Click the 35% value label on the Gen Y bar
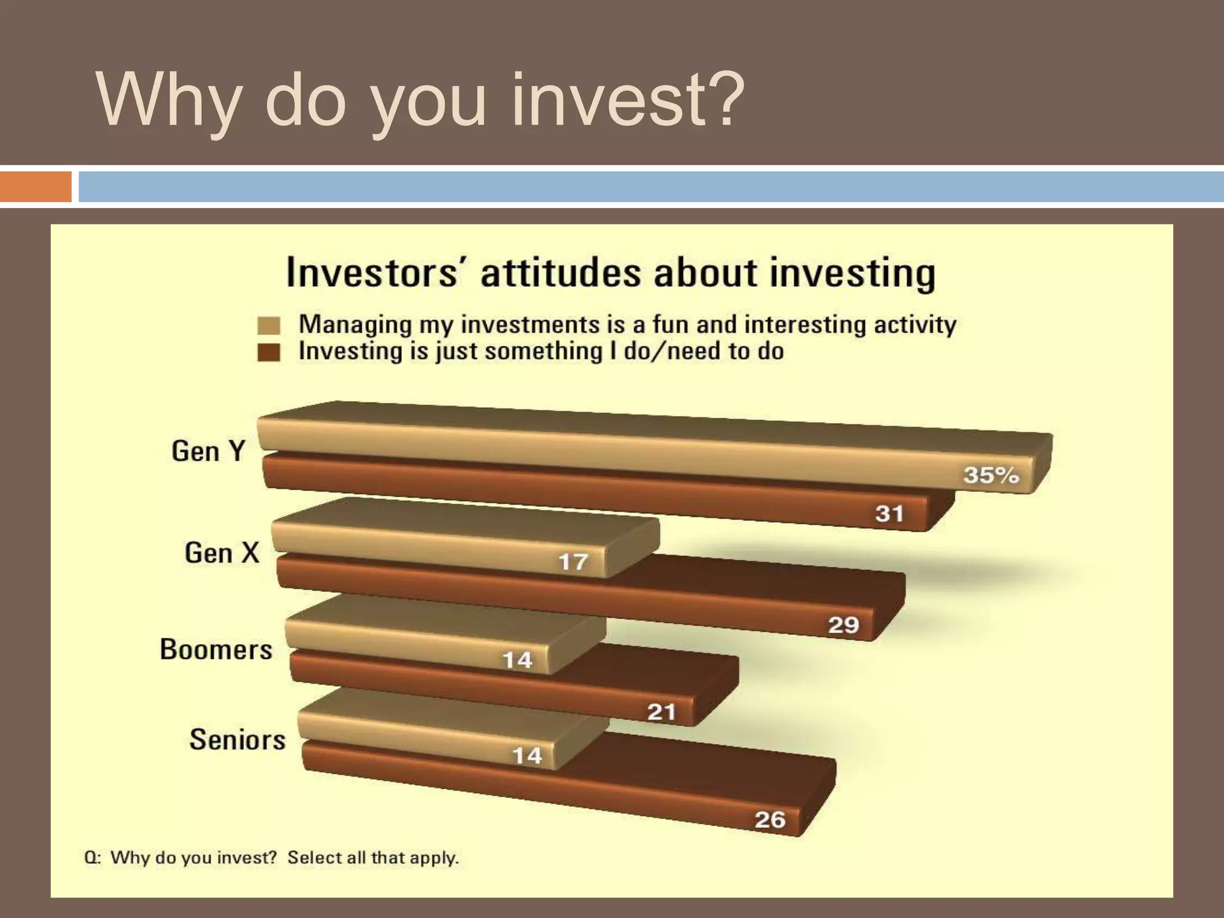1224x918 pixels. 990,475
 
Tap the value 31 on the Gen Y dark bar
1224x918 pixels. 889,513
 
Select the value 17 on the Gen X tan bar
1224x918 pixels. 573,562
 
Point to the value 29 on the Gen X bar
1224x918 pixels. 843,625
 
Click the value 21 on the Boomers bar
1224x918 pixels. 662,712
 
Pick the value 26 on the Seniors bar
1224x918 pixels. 770,819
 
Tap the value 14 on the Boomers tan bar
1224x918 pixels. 517,660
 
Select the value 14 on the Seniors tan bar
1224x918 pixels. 527,756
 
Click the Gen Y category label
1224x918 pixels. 208,451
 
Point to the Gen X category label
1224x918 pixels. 222,552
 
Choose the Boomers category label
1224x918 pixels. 216,649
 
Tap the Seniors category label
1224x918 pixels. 237,739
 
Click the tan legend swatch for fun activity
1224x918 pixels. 269,326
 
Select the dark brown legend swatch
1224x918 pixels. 269,352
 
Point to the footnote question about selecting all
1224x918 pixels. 271,858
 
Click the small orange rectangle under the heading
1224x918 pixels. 35,186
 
